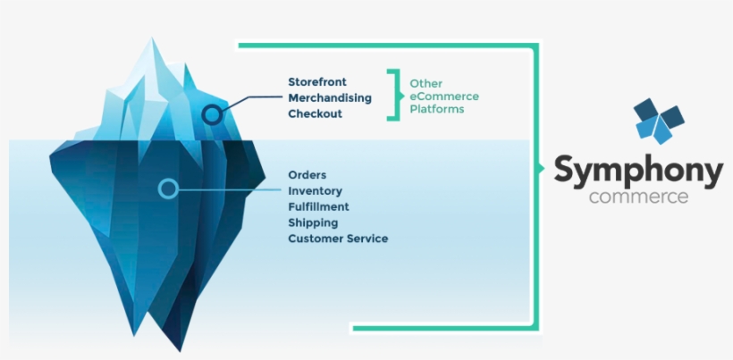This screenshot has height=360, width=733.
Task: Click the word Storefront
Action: pyautogui.click(x=317, y=81)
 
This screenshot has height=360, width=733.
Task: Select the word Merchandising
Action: pyautogui.click(x=330, y=97)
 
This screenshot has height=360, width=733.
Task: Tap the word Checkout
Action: pyautogui.click(x=315, y=113)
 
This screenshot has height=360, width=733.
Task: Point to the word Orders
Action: pyautogui.click(x=308, y=174)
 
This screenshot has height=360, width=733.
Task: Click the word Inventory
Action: pyautogui.click(x=315, y=190)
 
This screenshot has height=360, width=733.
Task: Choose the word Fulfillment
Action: pyautogui.click(x=318, y=206)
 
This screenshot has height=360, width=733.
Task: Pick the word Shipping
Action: pyautogui.click(x=312, y=222)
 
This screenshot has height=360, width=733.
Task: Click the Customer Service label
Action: pyautogui.click(x=338, y=239)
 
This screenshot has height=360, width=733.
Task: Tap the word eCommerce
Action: pyautogui.click(x=444, y=96)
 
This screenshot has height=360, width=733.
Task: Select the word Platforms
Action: pyautogui.click(x=437, y=109)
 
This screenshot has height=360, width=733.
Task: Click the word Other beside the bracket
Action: pyautogui.click(x=425, y=84)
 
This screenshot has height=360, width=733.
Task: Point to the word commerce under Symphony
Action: pyautogui.click(x=638, y=196)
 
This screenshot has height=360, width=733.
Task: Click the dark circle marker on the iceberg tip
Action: pyautogui.click(x=212, y=114)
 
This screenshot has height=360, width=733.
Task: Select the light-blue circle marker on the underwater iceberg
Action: pyautogui.click(x=167, y=188)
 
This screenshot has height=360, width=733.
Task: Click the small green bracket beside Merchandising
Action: pyautogui.click(x=392, y=95)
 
